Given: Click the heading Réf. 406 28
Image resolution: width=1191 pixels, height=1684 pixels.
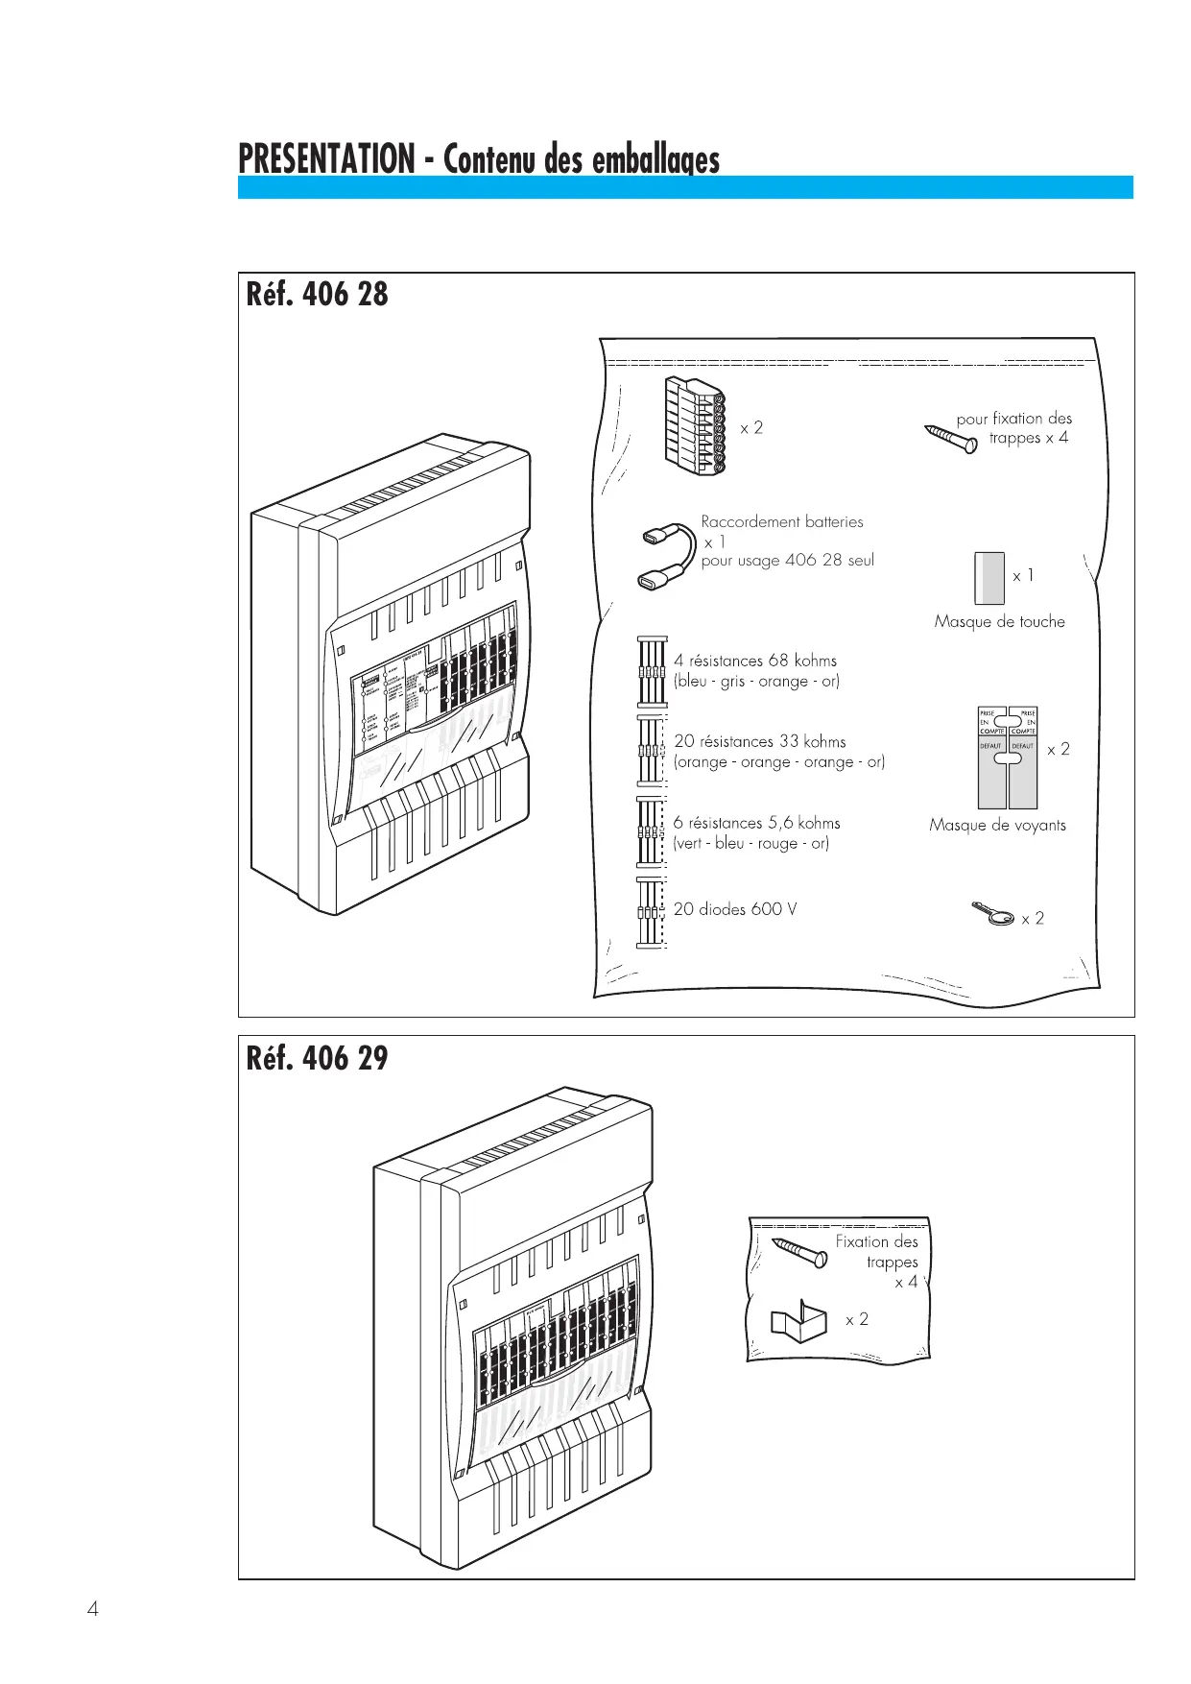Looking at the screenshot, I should point(317,294).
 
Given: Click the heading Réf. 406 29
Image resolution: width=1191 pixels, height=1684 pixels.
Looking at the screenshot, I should point(317,1058).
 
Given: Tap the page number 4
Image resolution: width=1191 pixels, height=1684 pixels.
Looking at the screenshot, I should point(93,1609).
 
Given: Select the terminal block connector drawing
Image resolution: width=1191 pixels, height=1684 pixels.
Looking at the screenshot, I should point(695,426).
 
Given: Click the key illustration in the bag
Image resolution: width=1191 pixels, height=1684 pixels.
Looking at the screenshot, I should point(993,915).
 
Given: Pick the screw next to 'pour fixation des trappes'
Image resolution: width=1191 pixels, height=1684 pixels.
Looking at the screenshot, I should point(951,438).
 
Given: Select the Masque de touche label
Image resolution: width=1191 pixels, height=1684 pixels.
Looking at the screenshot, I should point(999,622).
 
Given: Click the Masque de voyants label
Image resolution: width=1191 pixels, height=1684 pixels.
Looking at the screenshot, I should point(997,826).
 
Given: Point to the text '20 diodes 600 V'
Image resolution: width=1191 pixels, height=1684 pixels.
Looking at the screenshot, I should point(734,909).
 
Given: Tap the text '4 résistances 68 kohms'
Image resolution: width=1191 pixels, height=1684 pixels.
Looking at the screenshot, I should point(754,661).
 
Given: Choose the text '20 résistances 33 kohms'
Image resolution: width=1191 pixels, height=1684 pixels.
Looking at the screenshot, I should point(759,741).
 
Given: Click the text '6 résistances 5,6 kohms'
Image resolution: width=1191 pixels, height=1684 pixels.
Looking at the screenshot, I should point(756,823).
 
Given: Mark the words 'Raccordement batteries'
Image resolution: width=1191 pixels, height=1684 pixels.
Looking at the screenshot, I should point(781,522).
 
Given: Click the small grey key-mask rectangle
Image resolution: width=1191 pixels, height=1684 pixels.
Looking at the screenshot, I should point(989,578).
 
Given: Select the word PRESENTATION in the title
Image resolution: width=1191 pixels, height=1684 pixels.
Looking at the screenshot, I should point(326,159).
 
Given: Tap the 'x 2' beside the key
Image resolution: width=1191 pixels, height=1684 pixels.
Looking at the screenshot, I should point(1033,919).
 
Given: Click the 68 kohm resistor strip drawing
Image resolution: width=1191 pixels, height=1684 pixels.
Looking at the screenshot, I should point(652,670).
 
